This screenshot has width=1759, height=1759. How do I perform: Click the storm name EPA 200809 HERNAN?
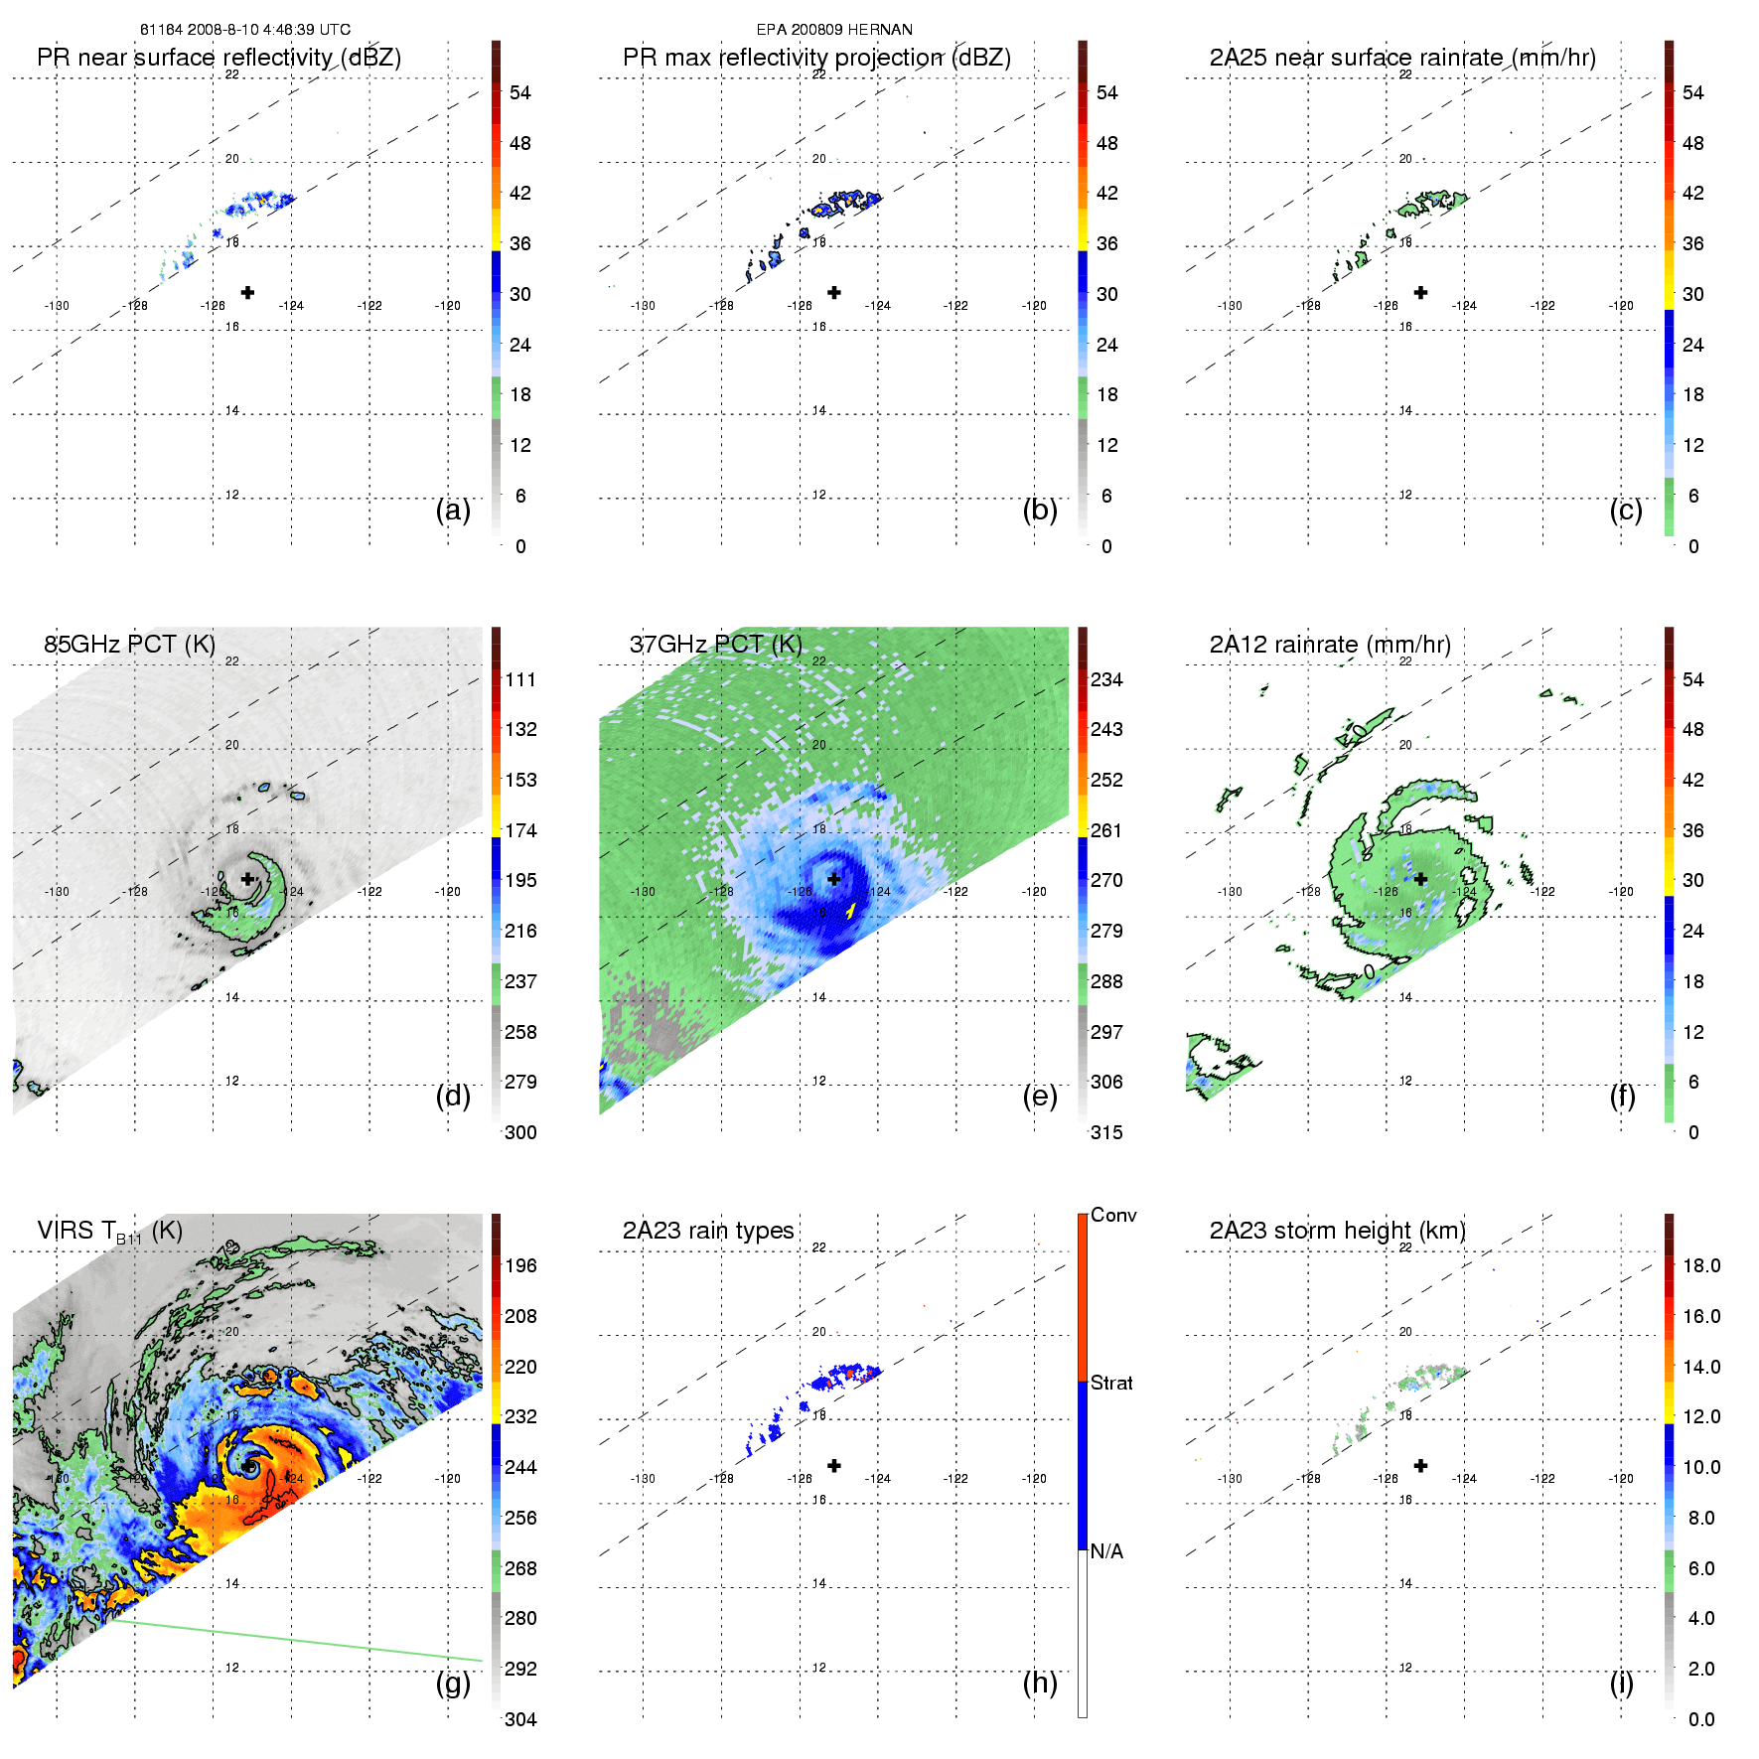pos(834,30)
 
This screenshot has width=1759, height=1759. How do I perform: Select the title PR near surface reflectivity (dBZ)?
pos(219,58)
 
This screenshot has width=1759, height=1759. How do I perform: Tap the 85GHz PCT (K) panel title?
pos(129,644)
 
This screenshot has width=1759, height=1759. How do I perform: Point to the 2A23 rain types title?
pos(708,1231)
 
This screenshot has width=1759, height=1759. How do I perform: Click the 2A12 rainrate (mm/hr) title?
pos(1330,644)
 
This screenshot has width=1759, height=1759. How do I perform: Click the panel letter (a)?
pos(453,511)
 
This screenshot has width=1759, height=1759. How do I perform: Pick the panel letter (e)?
pos(1040,1097)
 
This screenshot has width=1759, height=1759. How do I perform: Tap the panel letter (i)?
pos(1621,1683)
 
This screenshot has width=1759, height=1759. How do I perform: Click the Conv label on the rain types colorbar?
pos(1113,1215)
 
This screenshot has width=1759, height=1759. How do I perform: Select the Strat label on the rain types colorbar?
pos(1111,1383)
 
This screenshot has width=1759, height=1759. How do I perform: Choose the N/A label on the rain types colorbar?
pos(1106,1551)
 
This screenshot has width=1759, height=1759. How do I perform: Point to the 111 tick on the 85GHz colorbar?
pos(520,679)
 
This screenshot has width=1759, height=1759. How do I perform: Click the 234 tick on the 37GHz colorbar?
pos(1106,679)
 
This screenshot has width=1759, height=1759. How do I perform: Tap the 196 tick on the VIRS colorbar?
pos(520,1265)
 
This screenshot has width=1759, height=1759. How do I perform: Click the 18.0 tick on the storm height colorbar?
pos(1701,1265)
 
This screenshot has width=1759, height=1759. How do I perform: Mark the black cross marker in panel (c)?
pos(1420,292)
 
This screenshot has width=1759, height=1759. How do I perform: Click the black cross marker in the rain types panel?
pos(834,1465)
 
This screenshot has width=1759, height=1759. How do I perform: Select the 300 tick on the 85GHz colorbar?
pos(520,1132)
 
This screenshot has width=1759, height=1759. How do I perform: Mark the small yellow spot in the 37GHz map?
pos(851,909)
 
